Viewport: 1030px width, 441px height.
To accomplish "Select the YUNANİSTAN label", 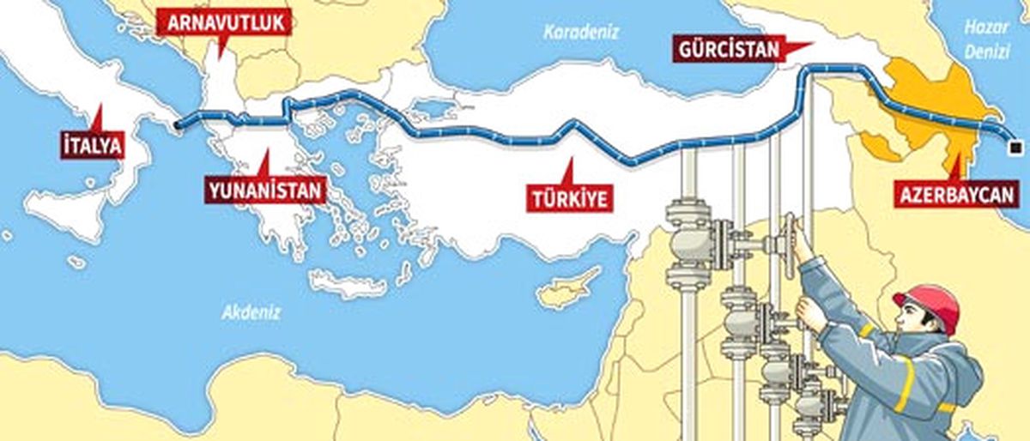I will click(265, 190).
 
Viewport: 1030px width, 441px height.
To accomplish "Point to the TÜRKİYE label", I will click(569, 198).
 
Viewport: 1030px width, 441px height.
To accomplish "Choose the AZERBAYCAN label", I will click(957, 194).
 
